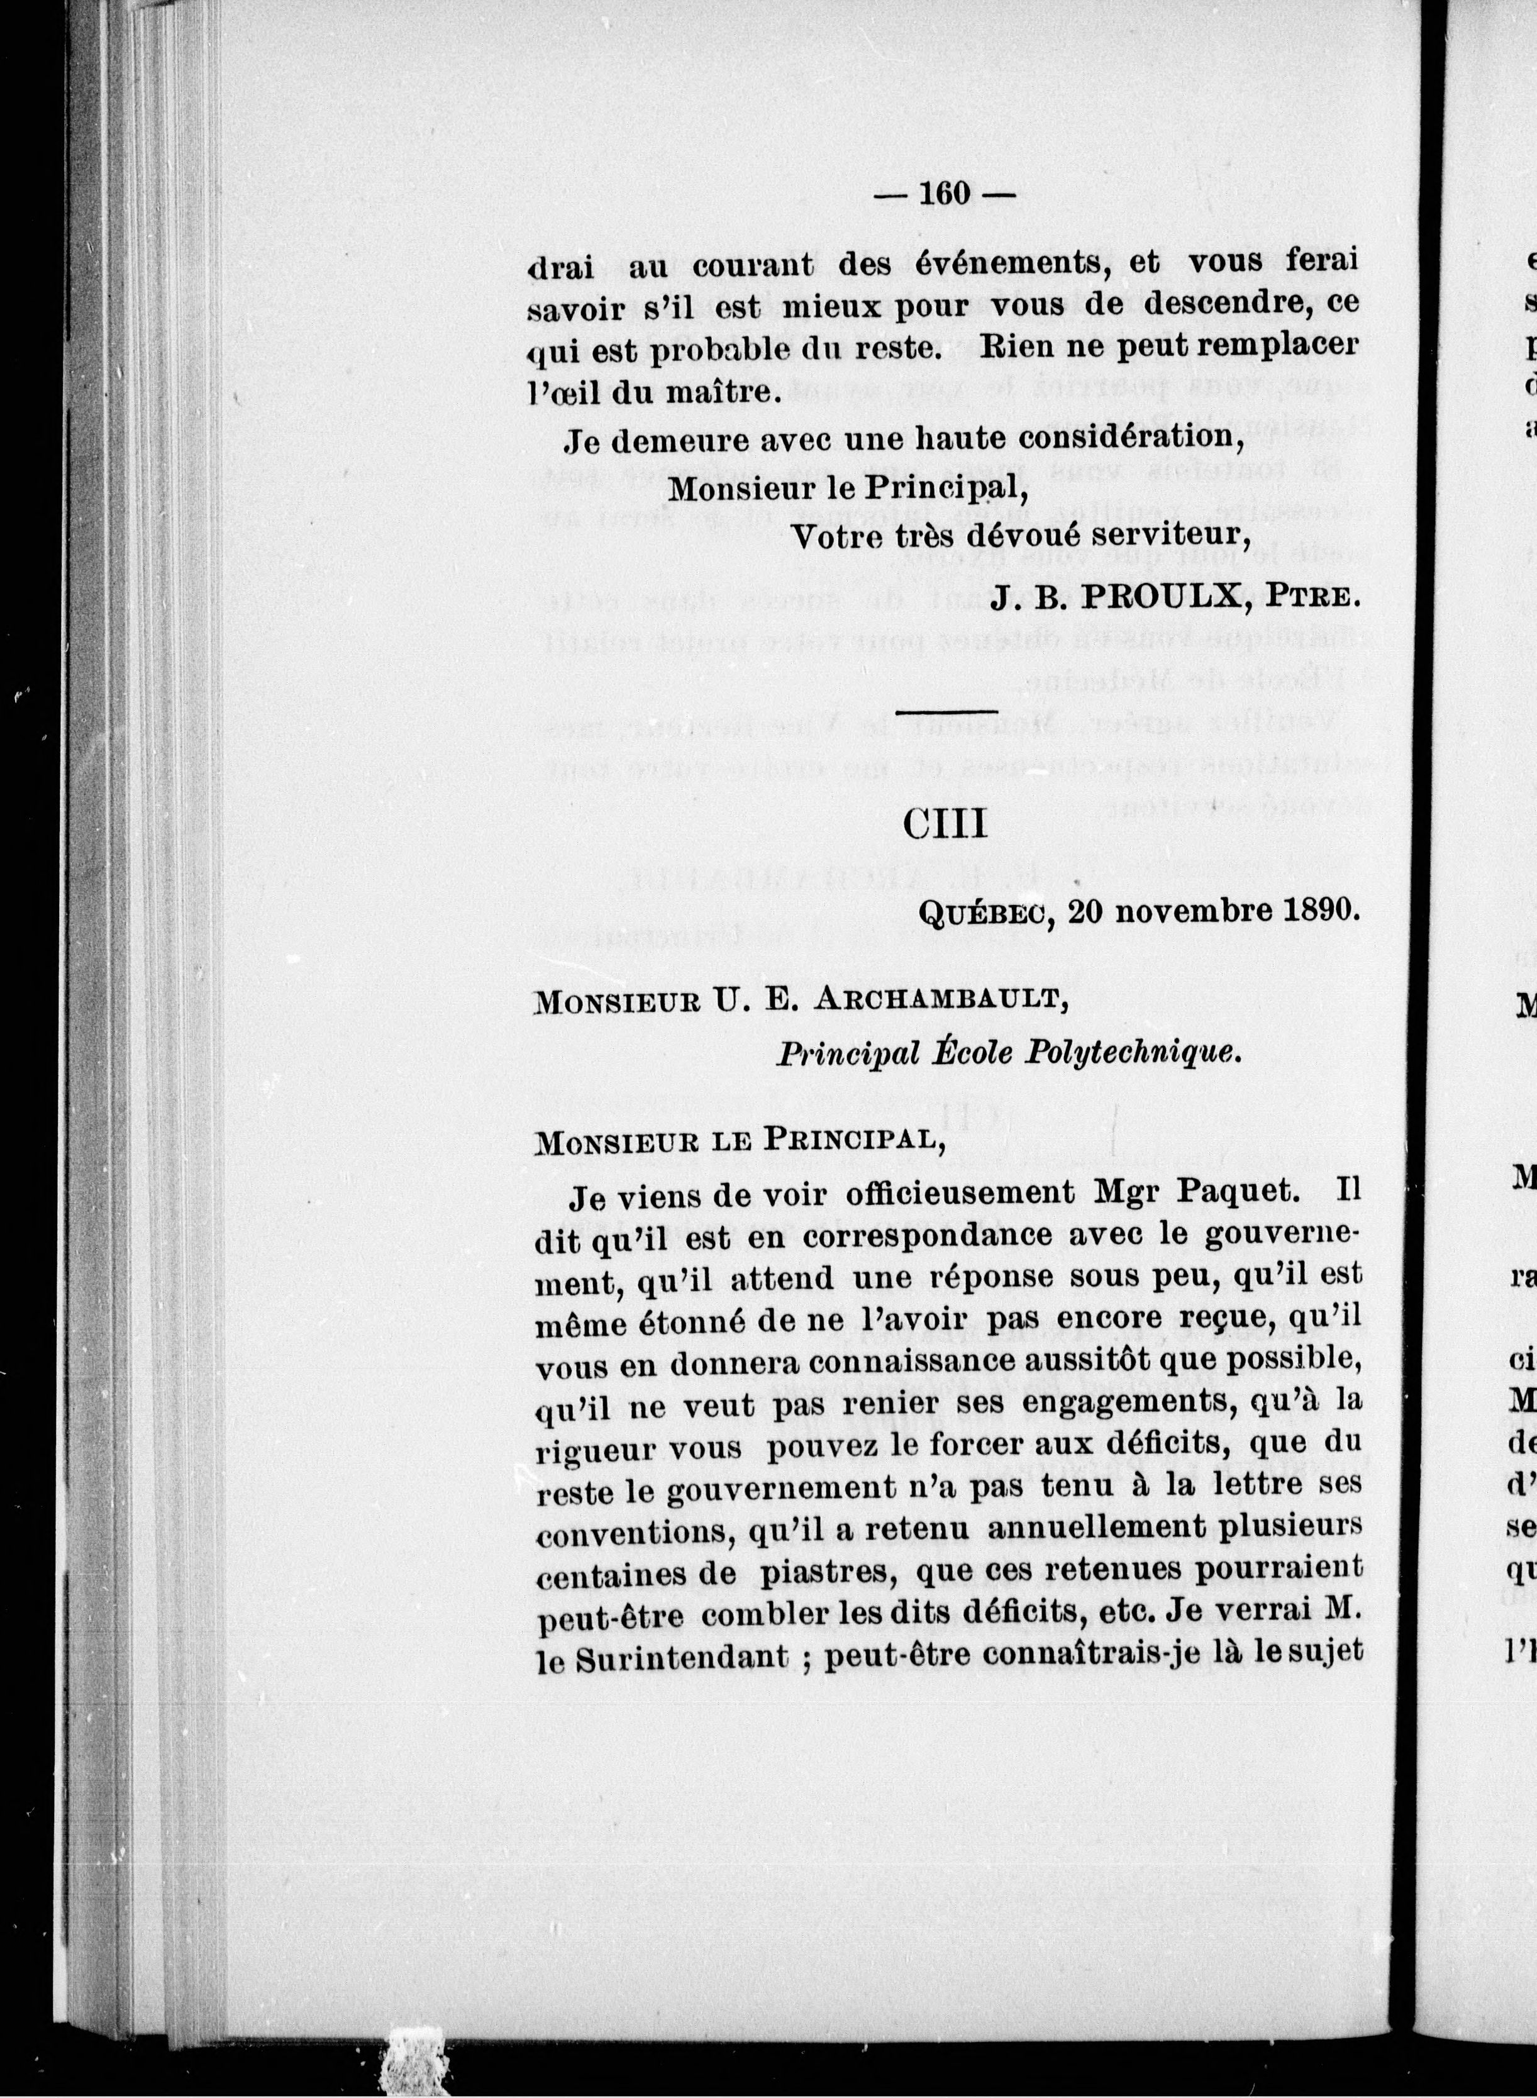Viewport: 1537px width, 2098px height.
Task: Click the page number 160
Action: pyautogui.click(x=945, y=194)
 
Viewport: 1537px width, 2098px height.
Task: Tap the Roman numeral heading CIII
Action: pyautogui.click(x=945, y=824)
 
